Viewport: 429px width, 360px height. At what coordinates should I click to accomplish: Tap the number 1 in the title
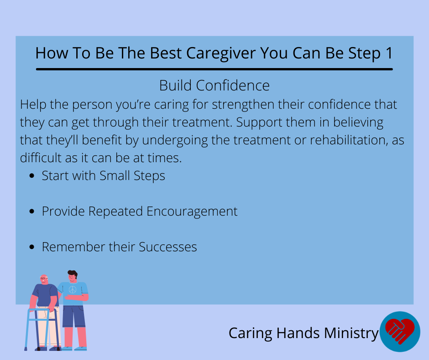(389, 53)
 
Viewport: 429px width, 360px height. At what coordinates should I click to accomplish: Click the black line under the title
(214, 69)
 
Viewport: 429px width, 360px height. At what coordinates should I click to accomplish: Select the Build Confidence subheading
(214, 85)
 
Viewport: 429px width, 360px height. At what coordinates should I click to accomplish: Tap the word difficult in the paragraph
(41, 158)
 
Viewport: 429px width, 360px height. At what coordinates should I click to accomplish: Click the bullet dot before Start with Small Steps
(32, 175)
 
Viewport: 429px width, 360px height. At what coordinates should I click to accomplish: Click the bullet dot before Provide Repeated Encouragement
(32, 211)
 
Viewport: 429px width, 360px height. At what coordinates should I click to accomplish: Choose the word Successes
(168, 247)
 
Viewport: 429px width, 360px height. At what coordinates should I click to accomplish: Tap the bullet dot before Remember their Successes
(32, 247)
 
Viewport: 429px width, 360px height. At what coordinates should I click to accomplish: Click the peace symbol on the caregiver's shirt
(73, 290)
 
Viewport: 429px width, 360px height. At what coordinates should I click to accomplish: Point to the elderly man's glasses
(44, 278)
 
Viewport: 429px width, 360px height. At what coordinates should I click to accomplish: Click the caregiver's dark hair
(73, 273)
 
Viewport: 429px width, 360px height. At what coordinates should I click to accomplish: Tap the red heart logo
(400, 330)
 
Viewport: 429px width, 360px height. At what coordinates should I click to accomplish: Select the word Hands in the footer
(298, 333)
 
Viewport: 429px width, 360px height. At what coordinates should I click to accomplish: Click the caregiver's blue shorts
(73, 316)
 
